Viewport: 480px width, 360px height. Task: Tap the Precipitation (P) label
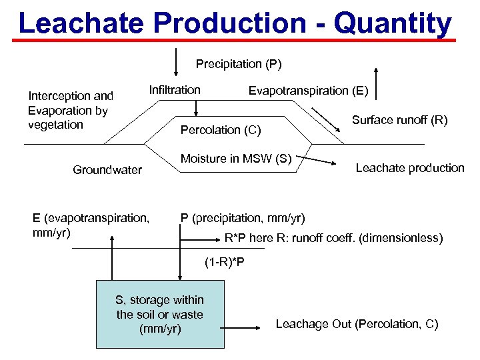[239, 64]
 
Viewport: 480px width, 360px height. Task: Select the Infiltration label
[175, 89]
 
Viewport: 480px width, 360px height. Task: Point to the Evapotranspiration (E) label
[308, 91]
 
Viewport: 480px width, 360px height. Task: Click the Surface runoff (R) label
[399, 121]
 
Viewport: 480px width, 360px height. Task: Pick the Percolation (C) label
[221, 129]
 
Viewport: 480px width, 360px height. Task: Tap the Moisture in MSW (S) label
[237, 159]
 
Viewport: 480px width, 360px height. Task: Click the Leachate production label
[410, 168]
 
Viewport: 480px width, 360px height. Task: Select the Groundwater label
[107, 170]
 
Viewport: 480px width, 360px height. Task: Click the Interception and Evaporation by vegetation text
[71, 110]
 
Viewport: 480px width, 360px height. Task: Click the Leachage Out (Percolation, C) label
[357, 324]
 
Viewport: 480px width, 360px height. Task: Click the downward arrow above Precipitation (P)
[176, 62]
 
